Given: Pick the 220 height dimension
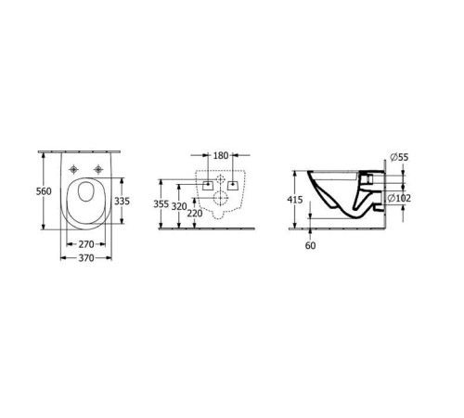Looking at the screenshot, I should pos(194,214).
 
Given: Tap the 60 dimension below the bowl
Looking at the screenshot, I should pos(309,246).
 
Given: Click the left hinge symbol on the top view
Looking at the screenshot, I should pos(73,169).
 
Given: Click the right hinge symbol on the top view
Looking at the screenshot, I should pos(97,169).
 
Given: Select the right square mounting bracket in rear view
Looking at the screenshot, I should pos(231,185).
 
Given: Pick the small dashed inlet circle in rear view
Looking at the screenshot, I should pos(219,179).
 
